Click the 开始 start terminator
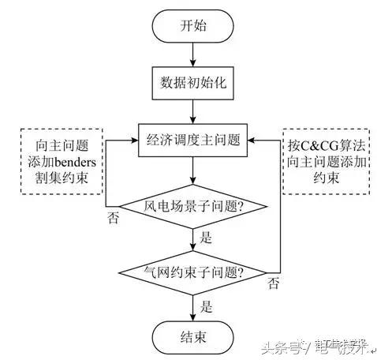click(192, 25)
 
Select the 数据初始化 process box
click(192, 82)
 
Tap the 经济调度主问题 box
click(192, 142)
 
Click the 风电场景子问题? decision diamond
click(192, 208)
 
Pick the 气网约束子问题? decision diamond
click(192, 272)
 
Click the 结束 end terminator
click(192, 339)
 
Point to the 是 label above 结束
click(207, 304)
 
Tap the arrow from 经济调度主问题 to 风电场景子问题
click(192, 174)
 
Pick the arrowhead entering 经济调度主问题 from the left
click(133, 142)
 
